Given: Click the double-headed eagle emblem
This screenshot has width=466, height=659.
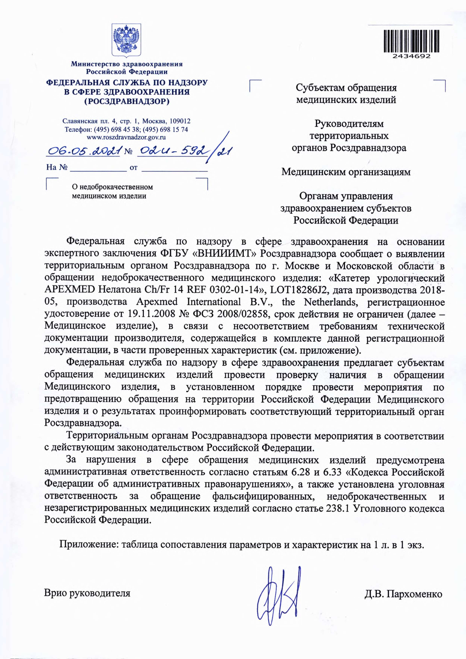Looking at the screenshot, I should click(126, 40).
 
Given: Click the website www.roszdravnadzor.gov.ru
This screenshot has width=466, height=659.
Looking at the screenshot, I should click(126, 137).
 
